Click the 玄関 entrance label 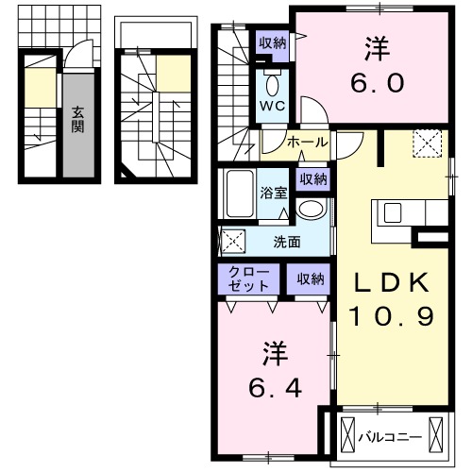76,120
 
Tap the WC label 271,105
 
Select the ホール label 307,142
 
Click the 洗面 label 287,241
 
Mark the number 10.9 394,316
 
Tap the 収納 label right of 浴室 313,179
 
